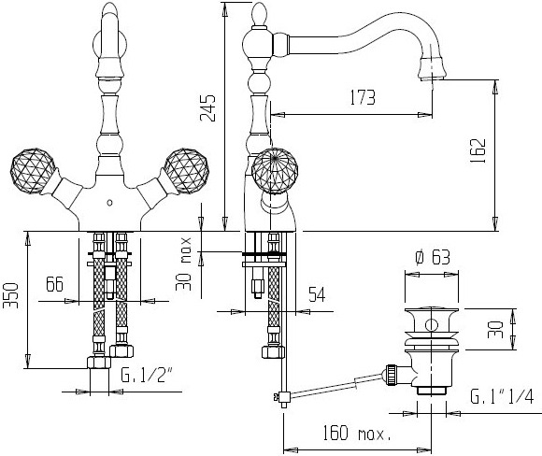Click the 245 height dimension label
(207, 107)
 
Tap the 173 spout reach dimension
(363, 97)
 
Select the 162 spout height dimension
(478, 150)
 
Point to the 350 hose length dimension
(10, 295)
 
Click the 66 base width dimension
(54, 284)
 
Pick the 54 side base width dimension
(317, 294)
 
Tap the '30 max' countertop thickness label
(183, 264)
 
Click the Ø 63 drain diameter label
(433, 258)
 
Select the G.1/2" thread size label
(147, 375)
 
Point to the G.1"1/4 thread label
(502, 396)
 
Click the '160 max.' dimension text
(357, 434)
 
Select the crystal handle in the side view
(275, 171)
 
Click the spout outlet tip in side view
(432, 78)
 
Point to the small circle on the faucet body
(110, 203)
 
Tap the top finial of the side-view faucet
(260, 13)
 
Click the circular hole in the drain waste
(431, 325)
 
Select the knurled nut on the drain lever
(392, 374)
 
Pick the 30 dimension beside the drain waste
(495, 330)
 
